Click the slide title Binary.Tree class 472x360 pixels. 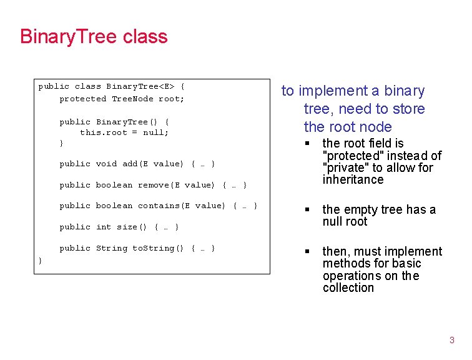click(94, 36)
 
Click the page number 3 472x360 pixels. click(452, 340)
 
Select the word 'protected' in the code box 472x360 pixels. click(83, 99)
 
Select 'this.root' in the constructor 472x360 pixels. click(101, 132)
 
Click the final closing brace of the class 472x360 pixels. click(41, 260)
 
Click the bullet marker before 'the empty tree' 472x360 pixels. click(307, 210)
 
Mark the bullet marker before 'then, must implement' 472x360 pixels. click(307, 252)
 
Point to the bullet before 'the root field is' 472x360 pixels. click(307, 144)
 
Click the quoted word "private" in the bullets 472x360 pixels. click(346, 167)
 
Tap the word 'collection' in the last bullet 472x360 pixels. click(348, 288)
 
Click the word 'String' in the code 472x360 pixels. click(111, 248)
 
